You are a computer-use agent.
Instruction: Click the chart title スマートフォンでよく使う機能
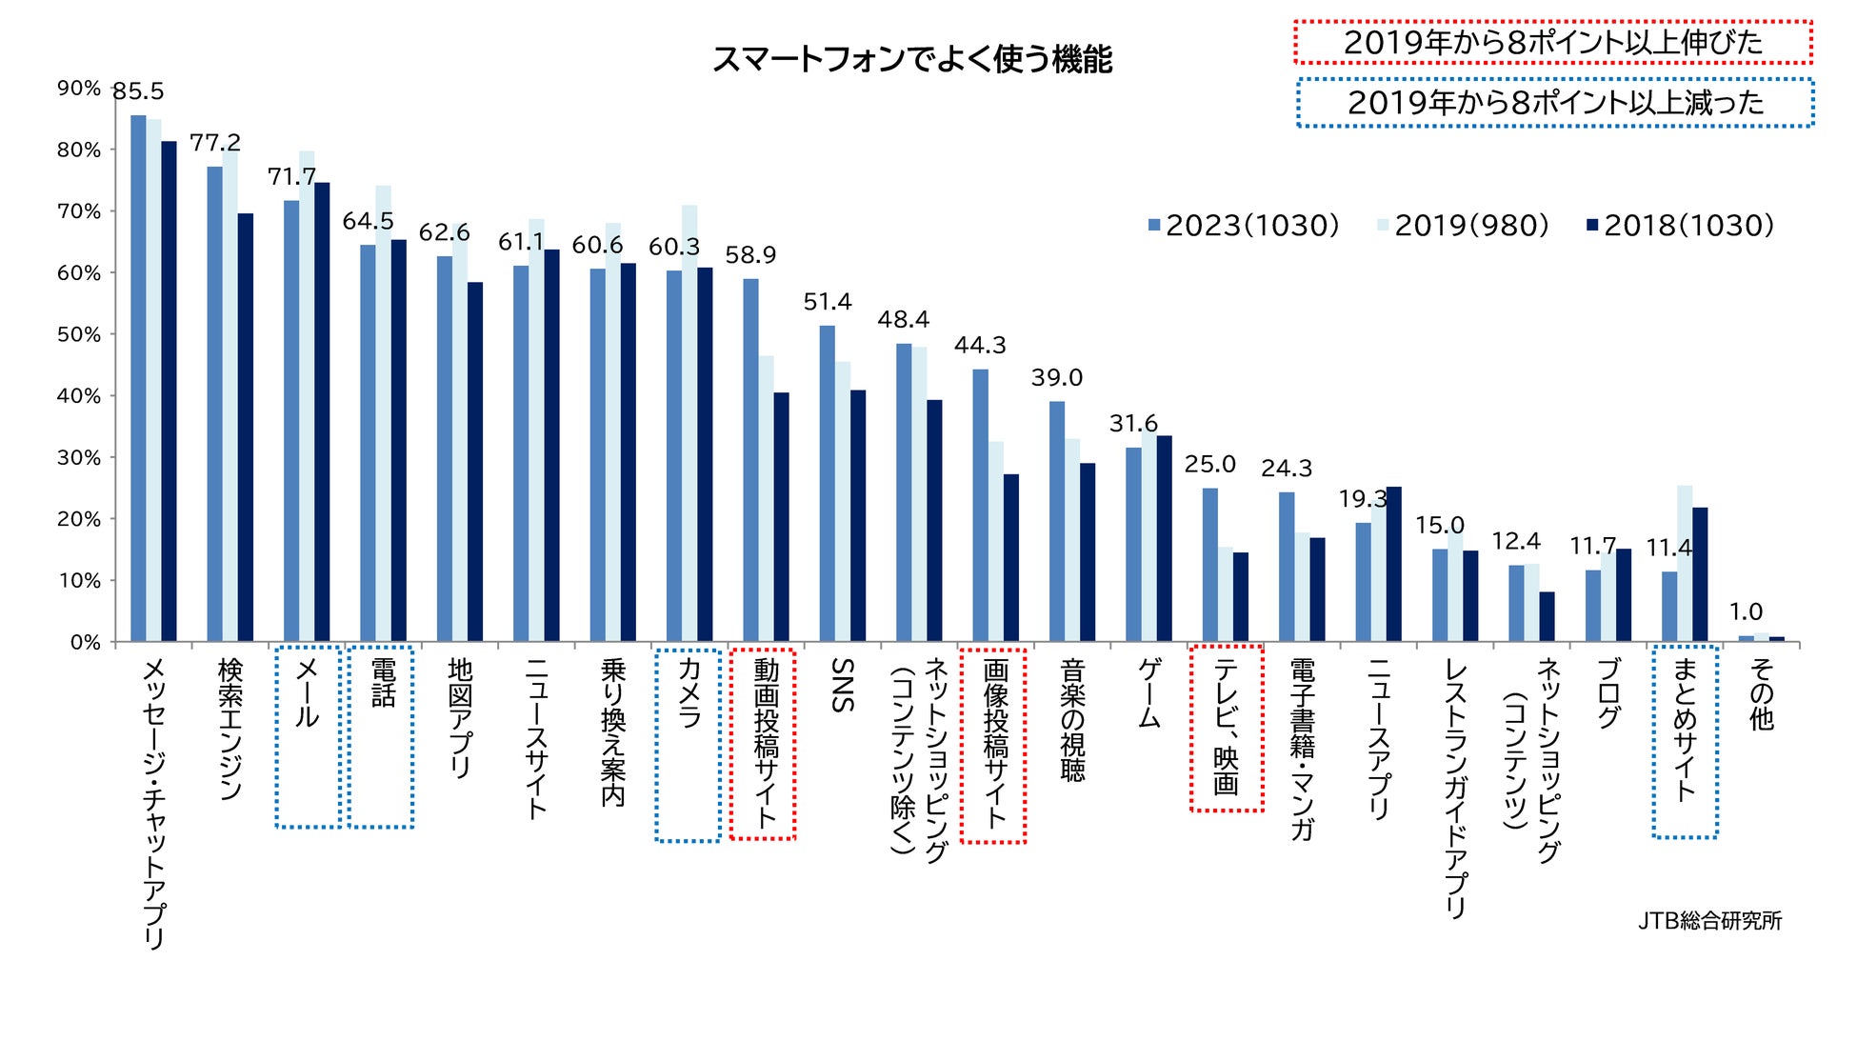point(912,59)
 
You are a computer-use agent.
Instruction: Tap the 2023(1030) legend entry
point(1244,226)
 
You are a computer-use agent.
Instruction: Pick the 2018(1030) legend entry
point(1680,226)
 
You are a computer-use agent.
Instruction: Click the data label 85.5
point(138,91)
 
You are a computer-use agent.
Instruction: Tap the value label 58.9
point(750,255)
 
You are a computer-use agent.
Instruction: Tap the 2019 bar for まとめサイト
point(1685,563)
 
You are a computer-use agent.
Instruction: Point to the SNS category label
point(842,685)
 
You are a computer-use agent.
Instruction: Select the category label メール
point(307,693)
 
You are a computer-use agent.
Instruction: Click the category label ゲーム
point(1149,693)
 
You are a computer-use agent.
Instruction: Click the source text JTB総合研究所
point(1709,921)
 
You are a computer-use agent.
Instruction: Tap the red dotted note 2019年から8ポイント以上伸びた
point(1552,42)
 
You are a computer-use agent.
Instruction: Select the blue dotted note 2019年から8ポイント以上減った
point(1554,102)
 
